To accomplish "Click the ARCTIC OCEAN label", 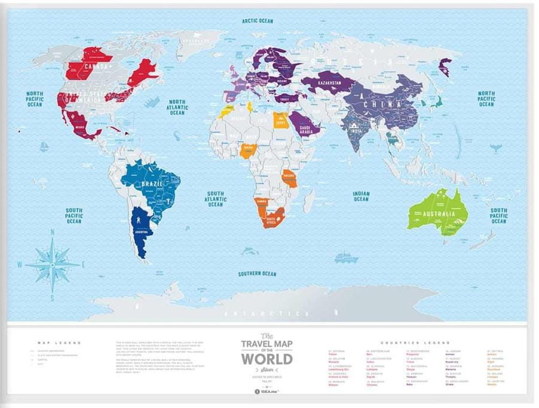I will [x=258, y=21].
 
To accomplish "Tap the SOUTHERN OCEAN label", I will [x=257, y=274].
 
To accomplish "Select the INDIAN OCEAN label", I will [x=361, y=196].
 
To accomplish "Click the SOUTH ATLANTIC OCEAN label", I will [x=216, y=199].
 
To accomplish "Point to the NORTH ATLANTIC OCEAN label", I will [x=177, y=108].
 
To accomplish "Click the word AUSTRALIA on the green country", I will [x=438, y=214].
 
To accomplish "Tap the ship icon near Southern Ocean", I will [x=346, y=258].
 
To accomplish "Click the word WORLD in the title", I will [x=267, y=359].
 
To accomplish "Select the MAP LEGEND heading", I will [x=59, y=343].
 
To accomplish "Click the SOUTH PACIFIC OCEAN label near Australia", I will [x=499, y=216].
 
